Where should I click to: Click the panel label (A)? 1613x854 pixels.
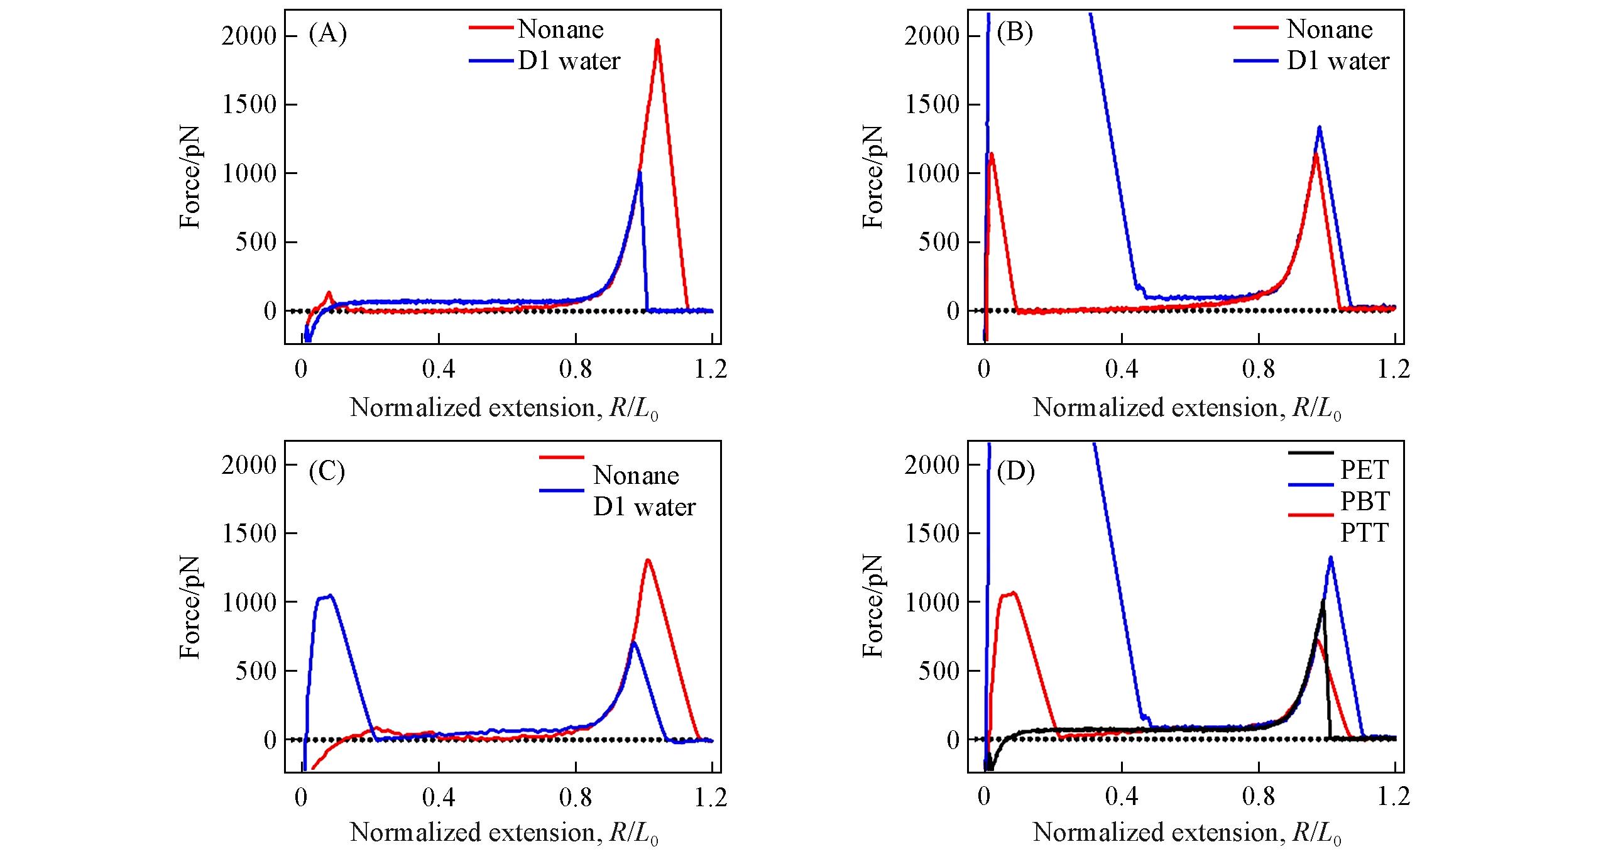point(327,33)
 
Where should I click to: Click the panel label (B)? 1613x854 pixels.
point(1014,32)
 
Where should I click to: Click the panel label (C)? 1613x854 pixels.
point(327,471)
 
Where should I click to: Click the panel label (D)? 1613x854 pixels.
point(1015,471)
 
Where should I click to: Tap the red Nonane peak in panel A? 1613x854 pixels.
point(657,41)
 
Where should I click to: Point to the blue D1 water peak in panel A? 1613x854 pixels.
point(639,173)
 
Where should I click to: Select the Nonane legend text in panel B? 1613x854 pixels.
point(1329,29)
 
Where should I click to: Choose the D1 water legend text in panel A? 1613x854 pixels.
point(569,61)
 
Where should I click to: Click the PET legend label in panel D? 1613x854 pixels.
point(1364,469)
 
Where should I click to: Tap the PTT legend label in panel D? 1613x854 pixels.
point(1364,532)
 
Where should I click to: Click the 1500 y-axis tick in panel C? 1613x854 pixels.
point(249,534)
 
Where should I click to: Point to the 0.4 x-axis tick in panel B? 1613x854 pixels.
point(1122,370)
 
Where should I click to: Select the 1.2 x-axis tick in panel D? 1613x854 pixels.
point(1394,797)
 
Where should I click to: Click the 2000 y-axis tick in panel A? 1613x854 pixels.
point(249,36)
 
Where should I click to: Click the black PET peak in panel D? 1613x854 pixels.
point(1323,602)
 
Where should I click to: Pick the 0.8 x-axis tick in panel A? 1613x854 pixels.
point(576,370)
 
